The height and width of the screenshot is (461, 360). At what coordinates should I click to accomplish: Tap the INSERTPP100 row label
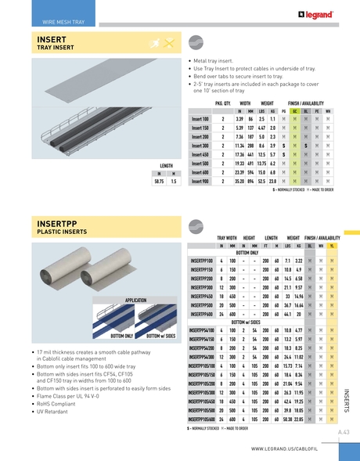[202, 260]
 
